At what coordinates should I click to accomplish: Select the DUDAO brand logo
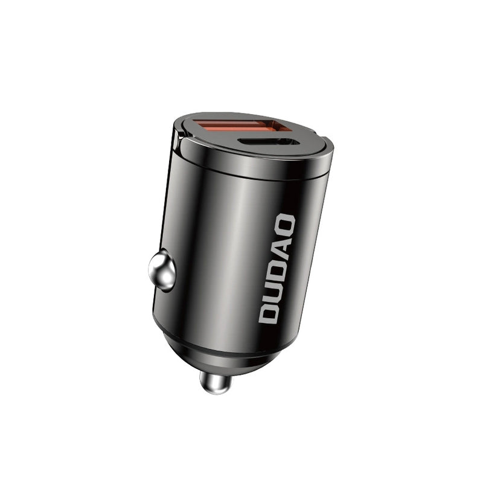(x=277, y=269)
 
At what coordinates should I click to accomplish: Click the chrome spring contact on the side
(x=162, y=272)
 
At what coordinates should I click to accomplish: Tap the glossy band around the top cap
(x=254, y=166)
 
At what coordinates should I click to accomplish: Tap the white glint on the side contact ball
(x=158, y=266)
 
